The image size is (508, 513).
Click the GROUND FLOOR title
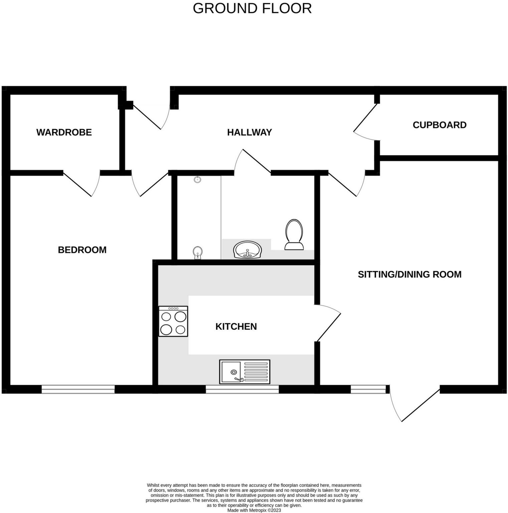(252, 8)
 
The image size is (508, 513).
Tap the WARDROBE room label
(64, 132)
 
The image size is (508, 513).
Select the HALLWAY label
(249, 132)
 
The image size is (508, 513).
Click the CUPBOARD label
(439, 125)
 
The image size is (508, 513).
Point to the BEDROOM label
(82, 250)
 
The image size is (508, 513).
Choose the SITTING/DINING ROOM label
(409, 275)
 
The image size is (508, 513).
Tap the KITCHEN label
(236, 326)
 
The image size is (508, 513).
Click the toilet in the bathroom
(294, 235)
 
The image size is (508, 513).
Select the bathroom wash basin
(247, 250)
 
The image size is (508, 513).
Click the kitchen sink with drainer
(244, 372)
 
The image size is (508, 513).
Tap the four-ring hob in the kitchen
(173, 321)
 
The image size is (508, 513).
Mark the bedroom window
(78, 389)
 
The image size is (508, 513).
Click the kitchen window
(242, 389)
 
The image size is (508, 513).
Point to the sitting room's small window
(368, 389)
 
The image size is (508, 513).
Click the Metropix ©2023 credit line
(254, 510)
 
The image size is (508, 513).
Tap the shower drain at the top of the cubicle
(198, 180)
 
